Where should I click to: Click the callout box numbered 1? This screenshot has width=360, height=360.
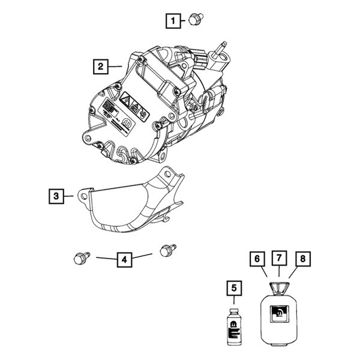tap(174, 21)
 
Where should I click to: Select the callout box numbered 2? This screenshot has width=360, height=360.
tap(100, 66)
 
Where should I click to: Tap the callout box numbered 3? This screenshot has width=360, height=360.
tap(56, 196)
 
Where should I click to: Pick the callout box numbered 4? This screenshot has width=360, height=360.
tap(123, 259)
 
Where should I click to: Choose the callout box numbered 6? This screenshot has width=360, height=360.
tap(257, 259)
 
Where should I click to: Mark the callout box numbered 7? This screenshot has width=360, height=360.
tap(279, 259)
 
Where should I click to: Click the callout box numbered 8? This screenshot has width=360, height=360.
tap(302, 259)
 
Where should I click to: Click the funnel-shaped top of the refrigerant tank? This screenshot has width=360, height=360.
tap(279, 287)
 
